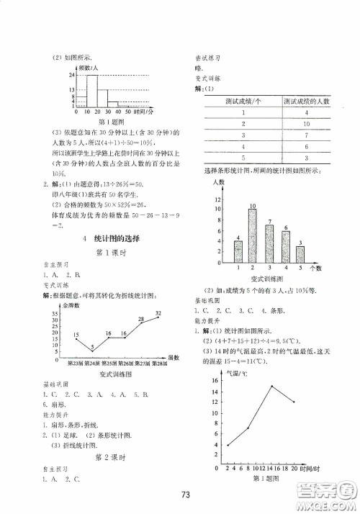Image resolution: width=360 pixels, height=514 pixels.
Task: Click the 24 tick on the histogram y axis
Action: (x=73, y=75)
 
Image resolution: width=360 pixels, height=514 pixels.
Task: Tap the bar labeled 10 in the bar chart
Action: (x=253, y=236)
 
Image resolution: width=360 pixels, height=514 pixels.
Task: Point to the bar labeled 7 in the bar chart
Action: (x=269, y=243)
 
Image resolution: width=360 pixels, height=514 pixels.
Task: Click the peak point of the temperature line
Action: (x=271, y=386)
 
